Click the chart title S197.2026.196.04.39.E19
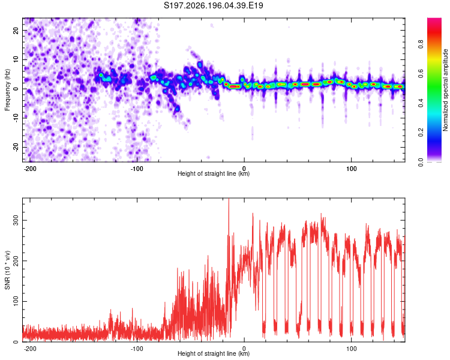213,5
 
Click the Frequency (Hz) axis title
7,90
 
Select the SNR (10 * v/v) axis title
7,270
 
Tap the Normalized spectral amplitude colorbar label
445,90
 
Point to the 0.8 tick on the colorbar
421,44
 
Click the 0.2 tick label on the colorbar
421,133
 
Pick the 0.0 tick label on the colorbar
421,162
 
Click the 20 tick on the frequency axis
16,30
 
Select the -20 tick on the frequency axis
16,147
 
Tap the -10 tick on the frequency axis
16,118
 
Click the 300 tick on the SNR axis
16,220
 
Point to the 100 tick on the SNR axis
16,301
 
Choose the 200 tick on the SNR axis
16,260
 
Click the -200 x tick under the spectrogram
30,169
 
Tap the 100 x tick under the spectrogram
351,169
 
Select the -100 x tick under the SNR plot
137,349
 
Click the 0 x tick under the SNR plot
244,349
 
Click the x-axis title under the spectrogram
214,173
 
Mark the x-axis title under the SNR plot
214,353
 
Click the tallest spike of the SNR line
229,199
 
